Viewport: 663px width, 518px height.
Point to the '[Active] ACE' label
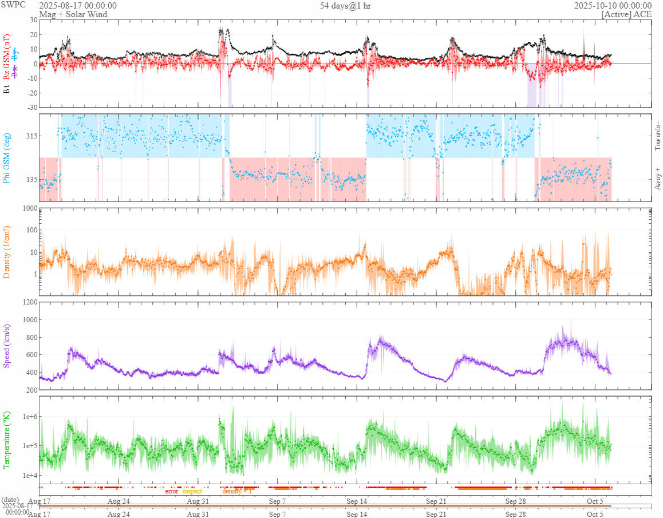tap(626, 14)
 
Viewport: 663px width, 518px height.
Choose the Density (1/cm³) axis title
tap(7, 251)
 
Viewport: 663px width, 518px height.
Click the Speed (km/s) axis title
tap(7, 345)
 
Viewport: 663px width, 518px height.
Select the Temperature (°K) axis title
tap(7, 440)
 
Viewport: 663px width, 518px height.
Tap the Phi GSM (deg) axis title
tap(7, 157)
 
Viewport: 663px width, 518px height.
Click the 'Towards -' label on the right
tap(657, 136)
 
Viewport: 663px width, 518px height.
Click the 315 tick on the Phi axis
tap(30, 136)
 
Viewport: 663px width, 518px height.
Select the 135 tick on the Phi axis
tap(30, 179)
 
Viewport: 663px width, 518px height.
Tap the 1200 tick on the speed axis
tap(29, 302)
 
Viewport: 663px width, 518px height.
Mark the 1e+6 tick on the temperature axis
tap(27, 416)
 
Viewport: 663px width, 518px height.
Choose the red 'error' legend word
tap(172, 491)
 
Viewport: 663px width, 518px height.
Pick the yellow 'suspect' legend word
tap(192, 491)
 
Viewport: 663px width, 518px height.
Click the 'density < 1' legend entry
tap(236, 491)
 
